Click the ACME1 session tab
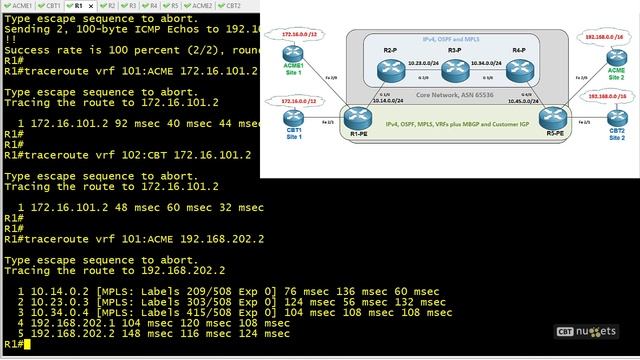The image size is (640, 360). (x=20, y=5)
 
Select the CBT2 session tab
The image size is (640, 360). (x=230, y=5)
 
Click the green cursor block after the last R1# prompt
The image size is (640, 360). (x=27, y=344)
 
